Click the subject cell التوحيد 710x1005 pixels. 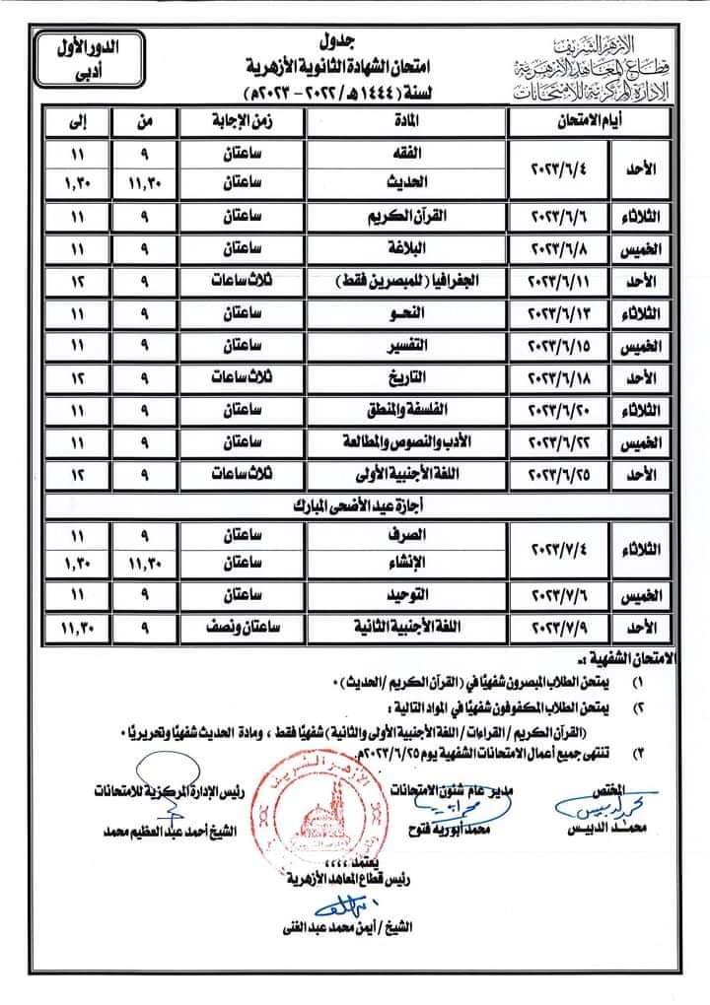tap(405, 594)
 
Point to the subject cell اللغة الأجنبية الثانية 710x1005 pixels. tap(405, 627)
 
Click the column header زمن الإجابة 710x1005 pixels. tap(243, 122)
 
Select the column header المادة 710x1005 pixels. tap(405, 122)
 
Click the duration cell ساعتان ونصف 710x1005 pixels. tap(243, 627)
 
